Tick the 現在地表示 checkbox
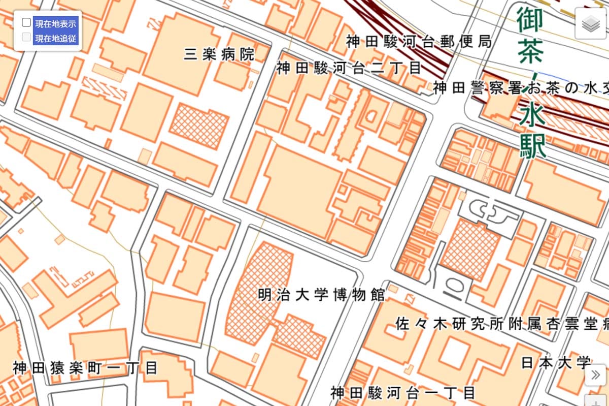click(26, 23)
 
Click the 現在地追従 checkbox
click(26, 37)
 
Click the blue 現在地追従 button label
click(56, 38)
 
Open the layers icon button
click(590, 23)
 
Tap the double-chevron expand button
click(595, 375)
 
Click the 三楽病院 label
click(219, 54)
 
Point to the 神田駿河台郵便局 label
click(419, 42)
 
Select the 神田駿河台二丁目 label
click(349, 68)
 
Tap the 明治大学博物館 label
click(321, 295)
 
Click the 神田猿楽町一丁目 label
click(85, 367)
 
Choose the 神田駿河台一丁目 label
click(403, 392)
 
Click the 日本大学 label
click(556, 362)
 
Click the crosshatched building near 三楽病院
click(198, 126)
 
